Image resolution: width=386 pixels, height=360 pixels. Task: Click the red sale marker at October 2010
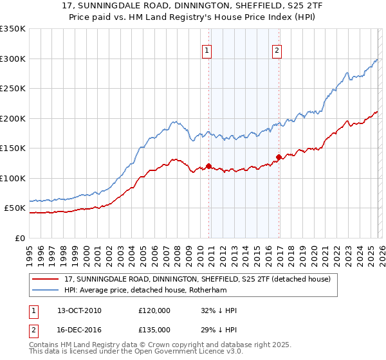(208, 166)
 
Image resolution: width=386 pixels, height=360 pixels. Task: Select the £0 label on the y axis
(19, 238)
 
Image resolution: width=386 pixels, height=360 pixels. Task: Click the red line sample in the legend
(46, 279)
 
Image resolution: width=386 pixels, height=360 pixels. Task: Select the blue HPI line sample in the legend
(46, 290)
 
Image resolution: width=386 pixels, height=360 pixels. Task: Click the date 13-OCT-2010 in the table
(79, 310)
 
